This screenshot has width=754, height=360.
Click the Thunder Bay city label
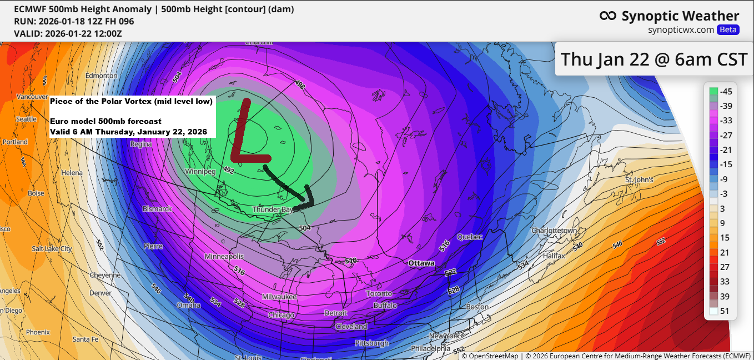(x=272, y=209)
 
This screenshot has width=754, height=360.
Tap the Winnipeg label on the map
(x=200, y=172)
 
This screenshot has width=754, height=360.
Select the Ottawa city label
(x=421, y=263)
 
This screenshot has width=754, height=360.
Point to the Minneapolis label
(x=224, y=257)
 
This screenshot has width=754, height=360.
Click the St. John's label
(x=639, y=180)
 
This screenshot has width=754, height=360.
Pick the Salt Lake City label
(x=52, y=248)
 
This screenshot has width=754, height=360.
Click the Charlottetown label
(x=555, y=230)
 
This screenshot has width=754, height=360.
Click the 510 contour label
(x=350, y=261)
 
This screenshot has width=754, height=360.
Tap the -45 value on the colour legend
(x=725, y=92)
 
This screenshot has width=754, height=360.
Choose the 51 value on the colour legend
(x=725, y=311)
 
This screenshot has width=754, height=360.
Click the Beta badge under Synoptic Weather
(x=728, y=29)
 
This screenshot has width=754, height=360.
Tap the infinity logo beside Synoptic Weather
(x=608, y=16)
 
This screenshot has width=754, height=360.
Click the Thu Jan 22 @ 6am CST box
(x=654, y=58)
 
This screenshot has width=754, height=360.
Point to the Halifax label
(x=554, y=256)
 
